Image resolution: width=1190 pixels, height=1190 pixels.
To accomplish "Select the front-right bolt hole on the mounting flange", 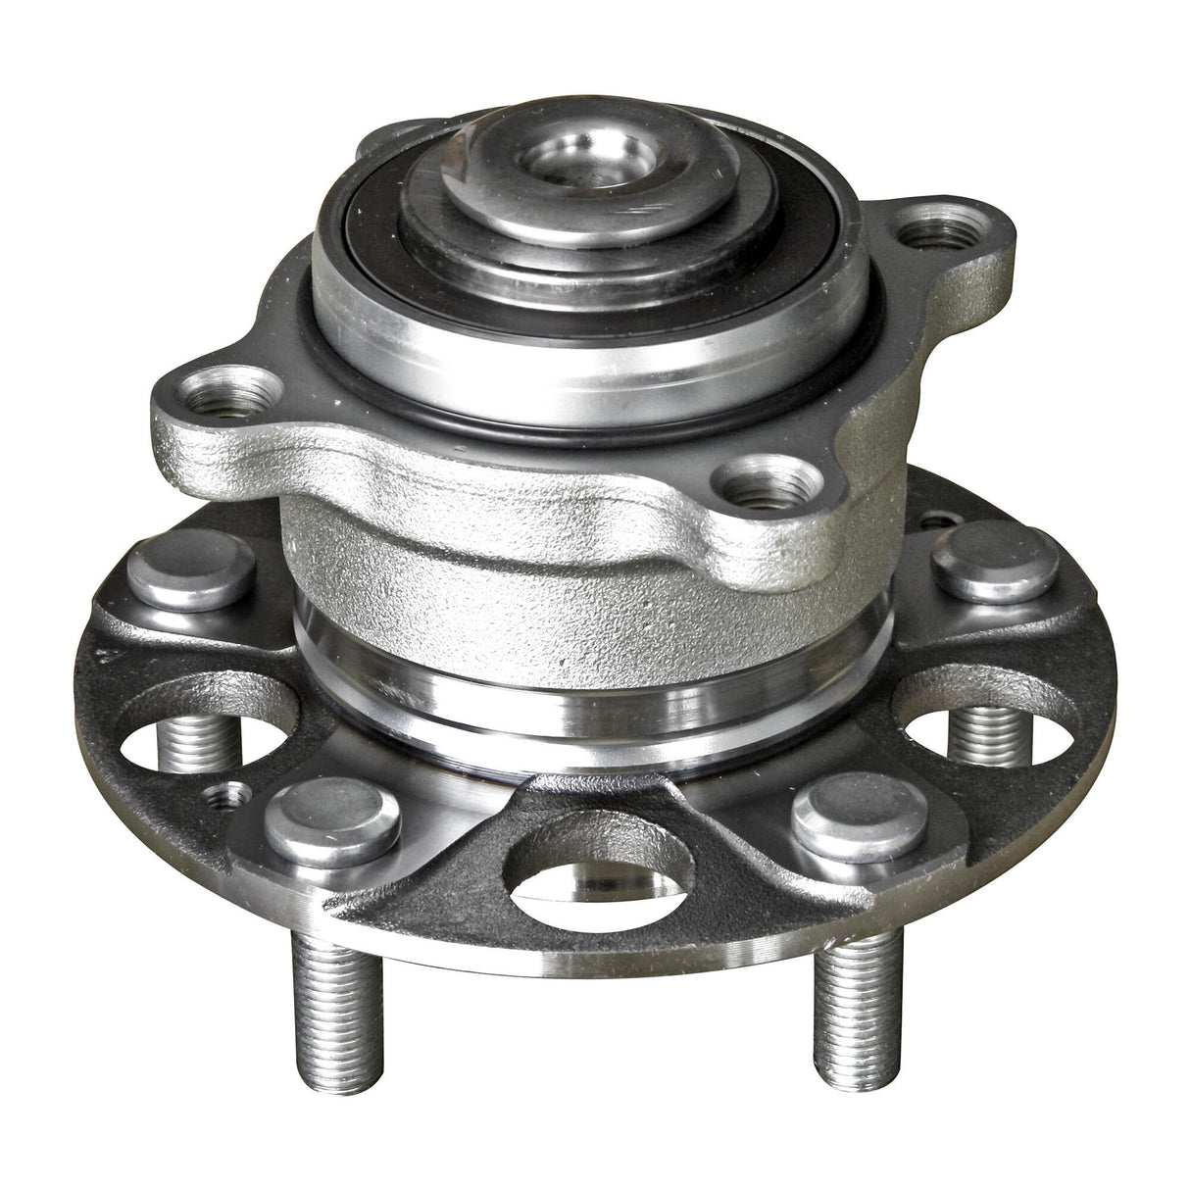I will pyautogui.click(x=766, y=480).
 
